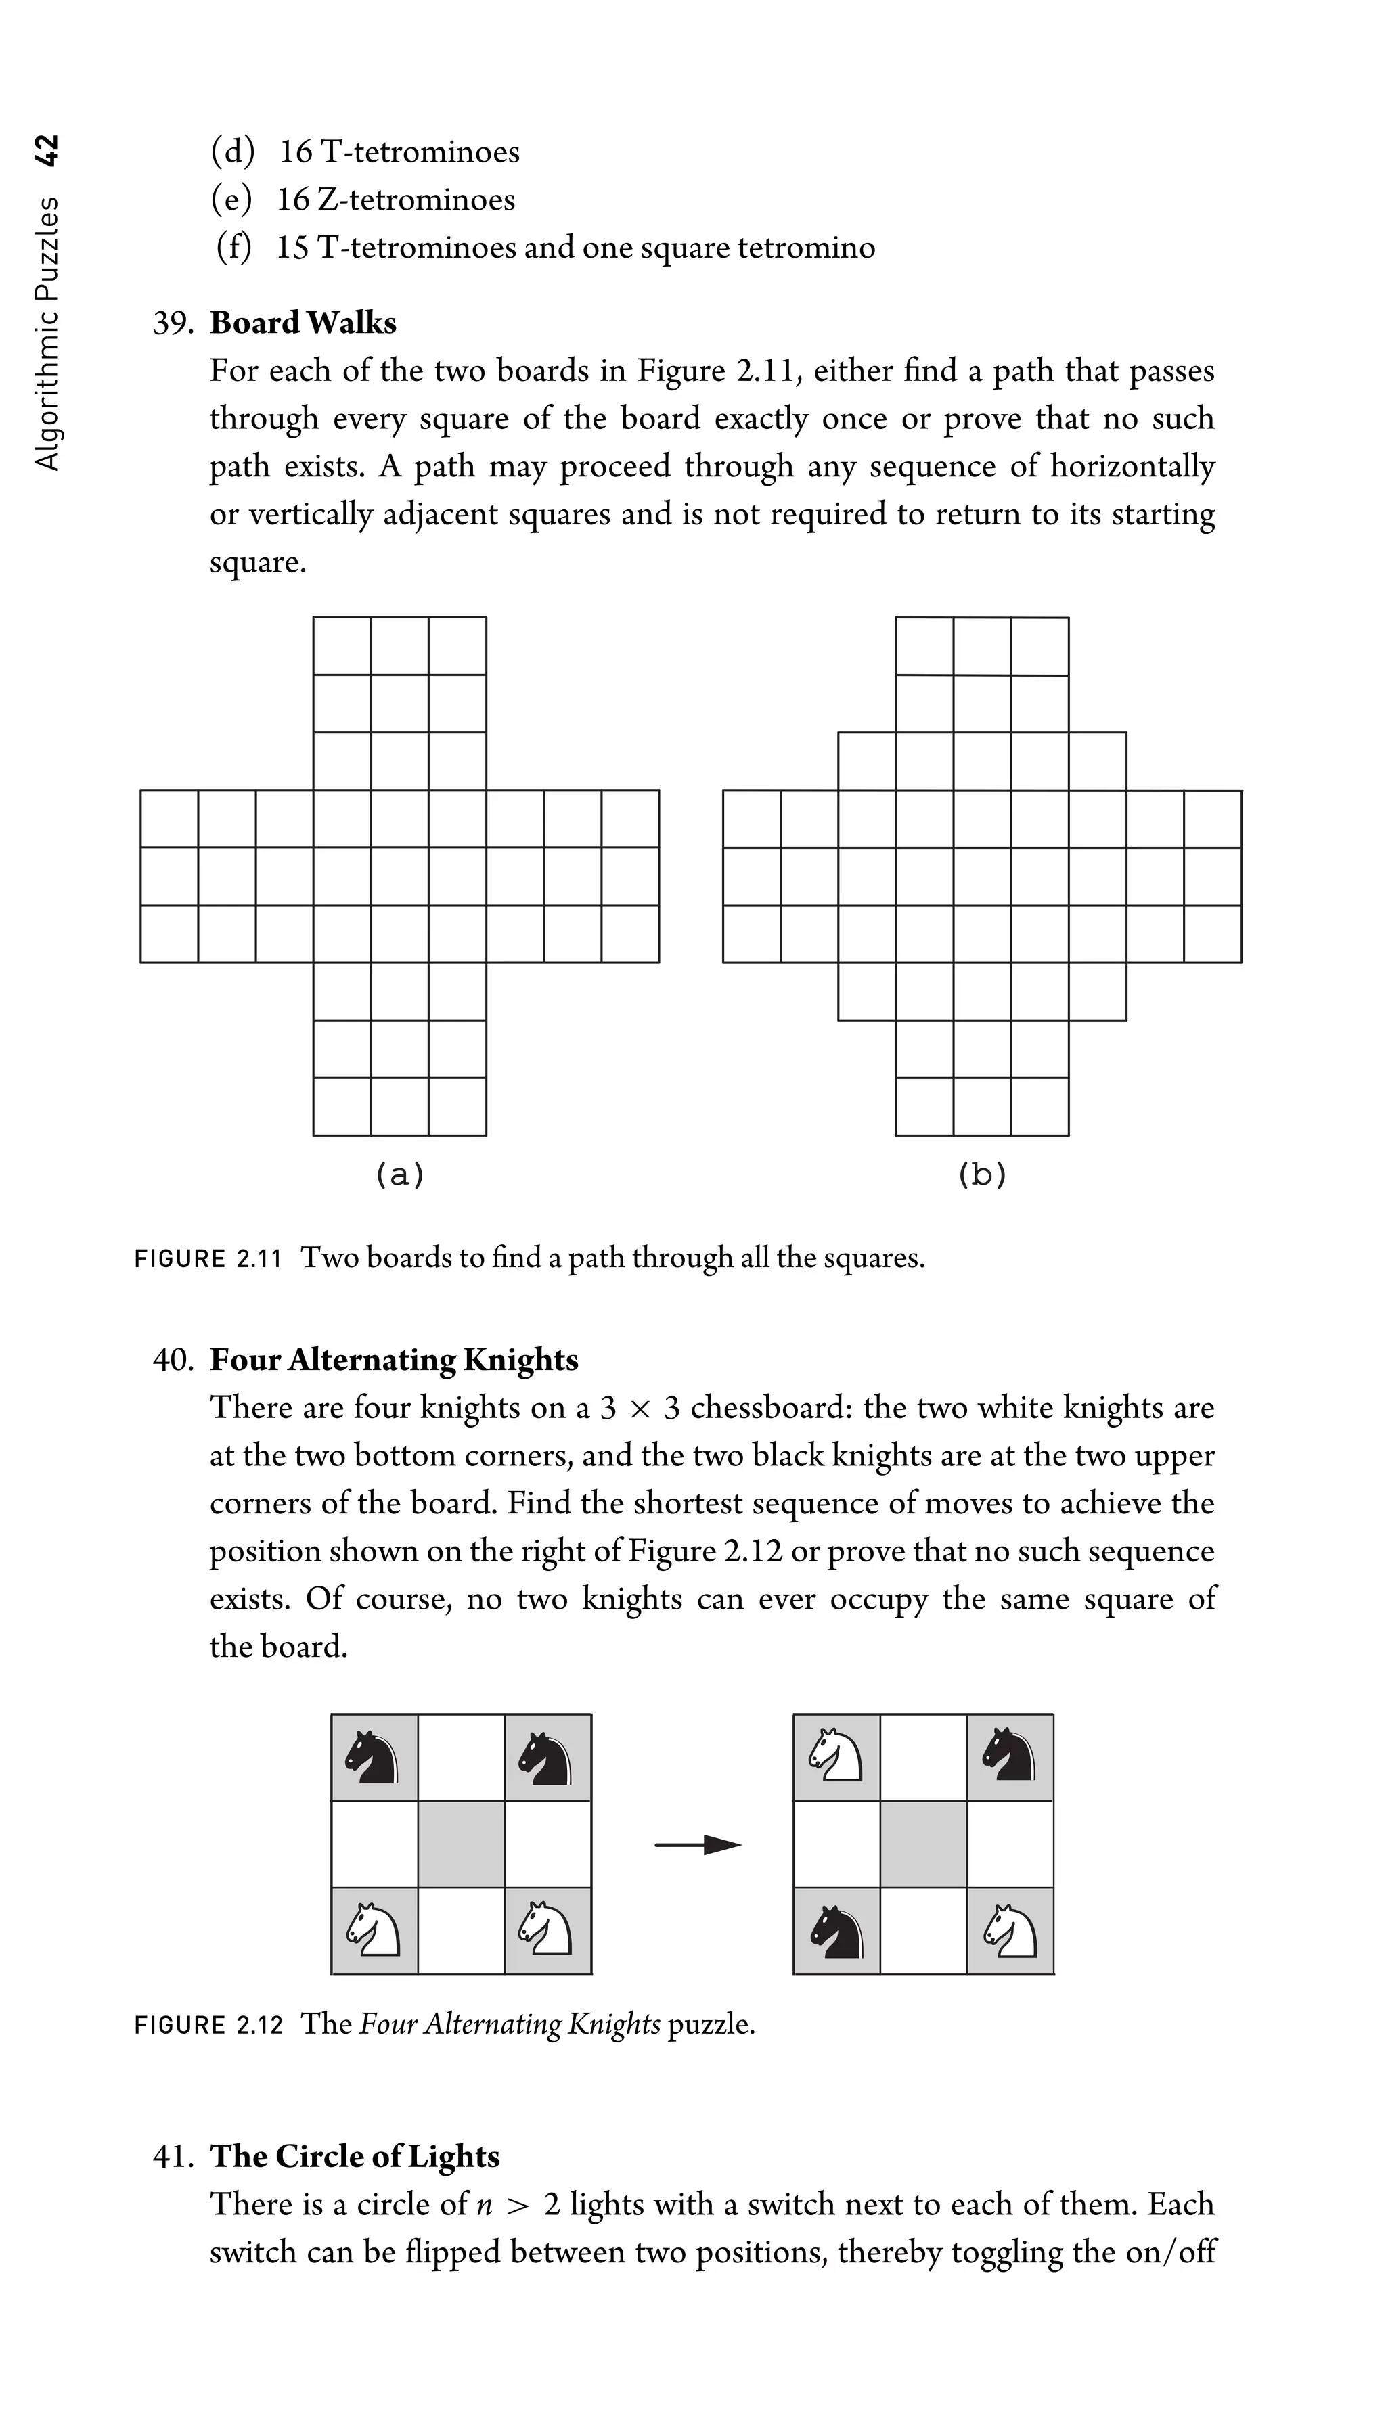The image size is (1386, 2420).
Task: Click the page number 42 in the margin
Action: (x=46, y=150)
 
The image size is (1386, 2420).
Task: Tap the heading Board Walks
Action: (x=303, y=323)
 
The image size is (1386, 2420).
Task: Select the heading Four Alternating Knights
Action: (x=393, y=1359)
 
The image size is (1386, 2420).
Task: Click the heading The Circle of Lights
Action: (x=354, y=2155)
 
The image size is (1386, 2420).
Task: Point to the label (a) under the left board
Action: (x=399, y=1174)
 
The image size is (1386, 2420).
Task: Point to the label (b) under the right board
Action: (x=981, y=1174)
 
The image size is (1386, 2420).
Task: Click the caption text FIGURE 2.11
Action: (x=208, y=1259)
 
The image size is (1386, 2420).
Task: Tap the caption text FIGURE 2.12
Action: (x=208, y=2024)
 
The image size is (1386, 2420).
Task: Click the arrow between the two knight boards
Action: (x=697, y=1845)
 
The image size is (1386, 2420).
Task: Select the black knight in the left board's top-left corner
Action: (x=373, y=1758)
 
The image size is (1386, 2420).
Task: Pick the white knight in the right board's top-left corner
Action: (x=836, y=1758)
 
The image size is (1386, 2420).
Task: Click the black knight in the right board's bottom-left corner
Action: (x=836, y=1931)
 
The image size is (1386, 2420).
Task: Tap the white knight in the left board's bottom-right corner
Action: (x=546, y=1931)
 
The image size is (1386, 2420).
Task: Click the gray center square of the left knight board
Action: (x=461, y=1844)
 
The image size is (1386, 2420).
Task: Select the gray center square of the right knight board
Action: (x=922, y=1844)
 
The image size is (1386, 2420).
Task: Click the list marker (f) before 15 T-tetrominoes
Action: (x=233, y=248)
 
